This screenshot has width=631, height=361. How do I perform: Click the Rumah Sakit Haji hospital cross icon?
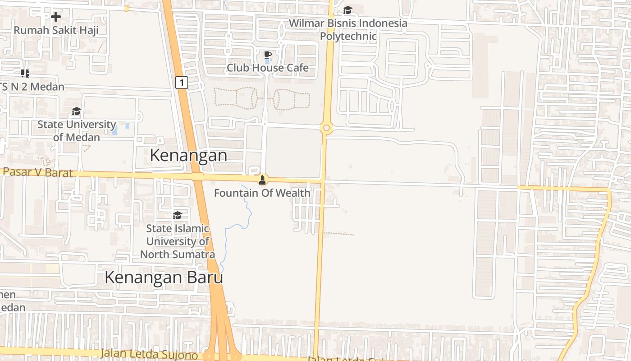click(x=56, y=17)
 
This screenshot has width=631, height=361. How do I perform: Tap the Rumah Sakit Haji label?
click(x=56, y=31)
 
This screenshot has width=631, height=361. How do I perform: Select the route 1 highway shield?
click(x=181, y=83)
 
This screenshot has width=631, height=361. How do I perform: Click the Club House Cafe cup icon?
click(x=268, y=55)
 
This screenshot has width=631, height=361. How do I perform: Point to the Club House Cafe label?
click(x=268, y=68)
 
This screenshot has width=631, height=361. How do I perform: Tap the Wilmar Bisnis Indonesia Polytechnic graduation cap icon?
click(x=348, y=10)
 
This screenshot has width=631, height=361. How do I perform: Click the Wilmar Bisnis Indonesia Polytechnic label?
click(x=348, y=30)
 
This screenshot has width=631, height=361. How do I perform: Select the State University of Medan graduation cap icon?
click(x=76, y=111)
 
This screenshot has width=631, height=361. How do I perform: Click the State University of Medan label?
click(x=77, y=131)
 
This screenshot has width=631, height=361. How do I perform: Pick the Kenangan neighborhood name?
click(x=188, y=156)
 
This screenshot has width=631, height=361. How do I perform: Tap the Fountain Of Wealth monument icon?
click(x=262, y=180)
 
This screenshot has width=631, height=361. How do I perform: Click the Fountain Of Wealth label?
click(x=262, y=193)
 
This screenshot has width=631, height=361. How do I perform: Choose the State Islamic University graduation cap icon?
click(x=177, y=216)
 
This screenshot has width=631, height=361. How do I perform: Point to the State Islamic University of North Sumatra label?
click(x=178, y=241)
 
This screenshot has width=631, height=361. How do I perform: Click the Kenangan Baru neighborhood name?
click(x=164, y=278)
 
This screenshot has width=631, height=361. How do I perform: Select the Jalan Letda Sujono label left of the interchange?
click(x=149, y=355)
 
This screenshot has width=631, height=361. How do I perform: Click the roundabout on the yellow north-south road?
click(x=326, y=128)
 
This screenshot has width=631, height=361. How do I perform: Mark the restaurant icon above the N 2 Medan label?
click(x=25, y=73)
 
